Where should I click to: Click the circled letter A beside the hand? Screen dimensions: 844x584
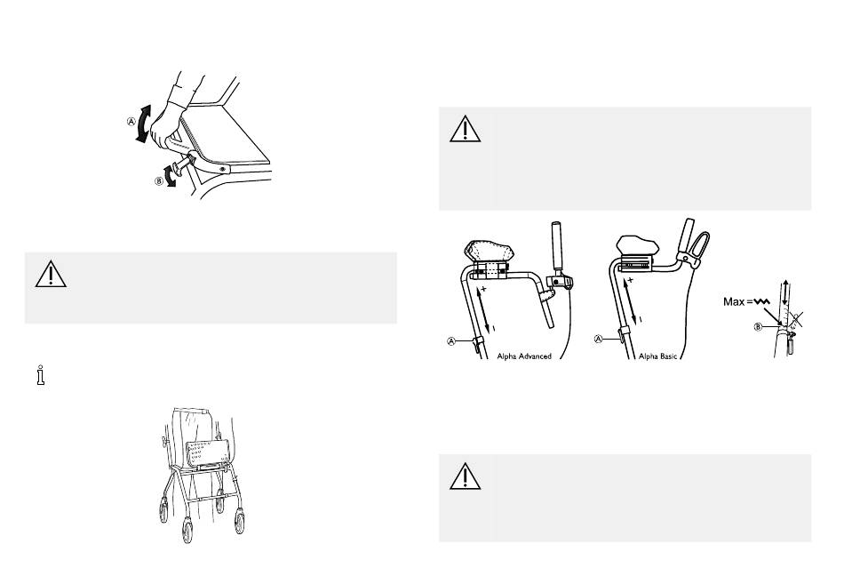(131, 121)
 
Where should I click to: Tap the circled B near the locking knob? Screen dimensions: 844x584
(159, 181)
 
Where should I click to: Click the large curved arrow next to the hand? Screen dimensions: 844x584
(143, 124)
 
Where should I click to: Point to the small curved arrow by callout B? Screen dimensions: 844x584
(171, 176)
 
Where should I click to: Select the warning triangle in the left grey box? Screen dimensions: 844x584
(51, 274)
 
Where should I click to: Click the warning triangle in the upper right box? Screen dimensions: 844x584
(465, 129)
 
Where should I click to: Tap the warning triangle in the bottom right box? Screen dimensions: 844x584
(465, 476)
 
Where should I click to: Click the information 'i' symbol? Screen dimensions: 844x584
(41, 375)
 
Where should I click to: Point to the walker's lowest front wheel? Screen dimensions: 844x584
(187, 530)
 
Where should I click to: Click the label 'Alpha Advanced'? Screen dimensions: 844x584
(524, 356)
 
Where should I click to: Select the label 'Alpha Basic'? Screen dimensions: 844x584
(657, 356)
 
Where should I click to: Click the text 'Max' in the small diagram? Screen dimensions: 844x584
(734, 301)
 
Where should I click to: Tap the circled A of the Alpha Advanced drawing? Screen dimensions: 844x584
(451, 341)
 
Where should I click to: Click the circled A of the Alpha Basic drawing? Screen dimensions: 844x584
(598, 340)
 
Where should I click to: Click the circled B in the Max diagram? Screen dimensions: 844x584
(758, 326)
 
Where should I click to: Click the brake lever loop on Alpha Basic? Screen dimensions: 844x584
(701, 247)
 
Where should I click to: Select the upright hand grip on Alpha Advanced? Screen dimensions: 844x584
(558, 246)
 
